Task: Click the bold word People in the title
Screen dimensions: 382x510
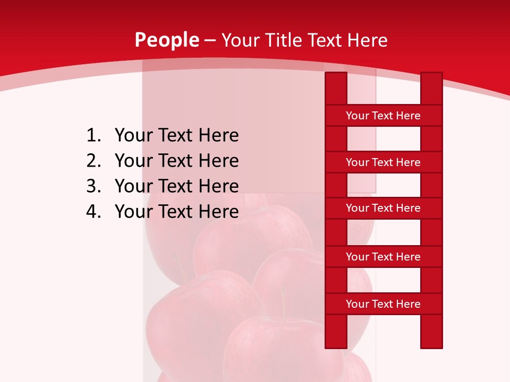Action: click(166, 40)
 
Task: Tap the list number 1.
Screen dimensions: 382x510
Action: click(93, 136)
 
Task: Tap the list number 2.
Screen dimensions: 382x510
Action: click(93, 161)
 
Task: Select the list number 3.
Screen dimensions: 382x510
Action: click(93, 186)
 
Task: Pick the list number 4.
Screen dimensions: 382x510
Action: click(93, 212)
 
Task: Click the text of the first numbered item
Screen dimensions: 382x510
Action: click(176, 136)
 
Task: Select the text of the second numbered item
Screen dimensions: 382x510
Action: click(176, 161)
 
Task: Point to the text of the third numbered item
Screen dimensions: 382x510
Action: click(176, 186)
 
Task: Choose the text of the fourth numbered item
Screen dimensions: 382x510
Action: click(176, 212)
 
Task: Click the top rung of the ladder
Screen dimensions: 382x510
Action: click(383, 116)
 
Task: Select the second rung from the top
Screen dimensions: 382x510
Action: click(383, 162)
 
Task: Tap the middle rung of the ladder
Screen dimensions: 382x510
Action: click(383, 209)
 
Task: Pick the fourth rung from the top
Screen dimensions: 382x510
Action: click(383, 257)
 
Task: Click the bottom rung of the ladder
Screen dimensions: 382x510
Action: click(383, 304)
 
